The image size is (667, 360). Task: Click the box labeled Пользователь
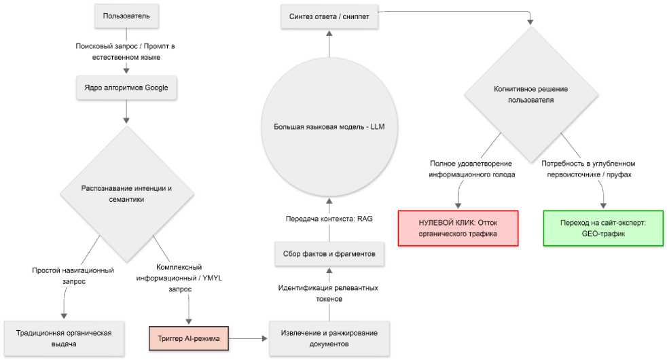pyautogui.click(x=126, y=16)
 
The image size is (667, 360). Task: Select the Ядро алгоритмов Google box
pyautogui.click(x=126, y=88)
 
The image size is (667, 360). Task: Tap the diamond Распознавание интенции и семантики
pyautogui.click(x=127, y=194)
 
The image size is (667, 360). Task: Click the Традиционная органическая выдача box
pyautogui.click(x=64, y=339)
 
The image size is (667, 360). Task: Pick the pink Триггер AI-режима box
pyautogui.click(x=189, y=339)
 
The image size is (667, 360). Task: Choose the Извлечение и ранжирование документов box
pyautogui.click(x=329, y=339)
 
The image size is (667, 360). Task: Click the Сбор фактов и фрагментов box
pyautogui.click(x=329, y=254)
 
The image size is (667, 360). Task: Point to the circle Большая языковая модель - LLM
pyautogui.click(x=329, y=127)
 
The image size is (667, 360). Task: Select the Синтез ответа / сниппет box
pyautogui.click(x=329, y=16)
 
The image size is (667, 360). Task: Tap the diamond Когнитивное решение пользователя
pyautogui.click(x=531, y=94)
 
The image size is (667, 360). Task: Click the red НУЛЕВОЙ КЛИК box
pyautogui.click(x=458, y=228)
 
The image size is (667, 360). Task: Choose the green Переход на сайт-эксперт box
pyautogui.click(x=603, y=228)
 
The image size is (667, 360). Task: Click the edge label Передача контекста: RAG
pyautogui.click(x=329, y=219)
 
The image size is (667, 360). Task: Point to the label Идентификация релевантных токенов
pyautogui.click(x=328, y=293)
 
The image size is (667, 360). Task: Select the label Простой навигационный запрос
pyautogui.click(x=73, y=276)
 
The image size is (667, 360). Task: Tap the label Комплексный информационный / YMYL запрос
pyautogui.click(x=179, y=278)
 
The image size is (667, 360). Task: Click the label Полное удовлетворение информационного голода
pyautogui.click(x=471, y=169)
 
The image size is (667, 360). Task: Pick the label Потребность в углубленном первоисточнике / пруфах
pyautogui.click(x=588, y=169)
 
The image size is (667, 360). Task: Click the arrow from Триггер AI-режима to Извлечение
pyautogui.click(x=249, y=339)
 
